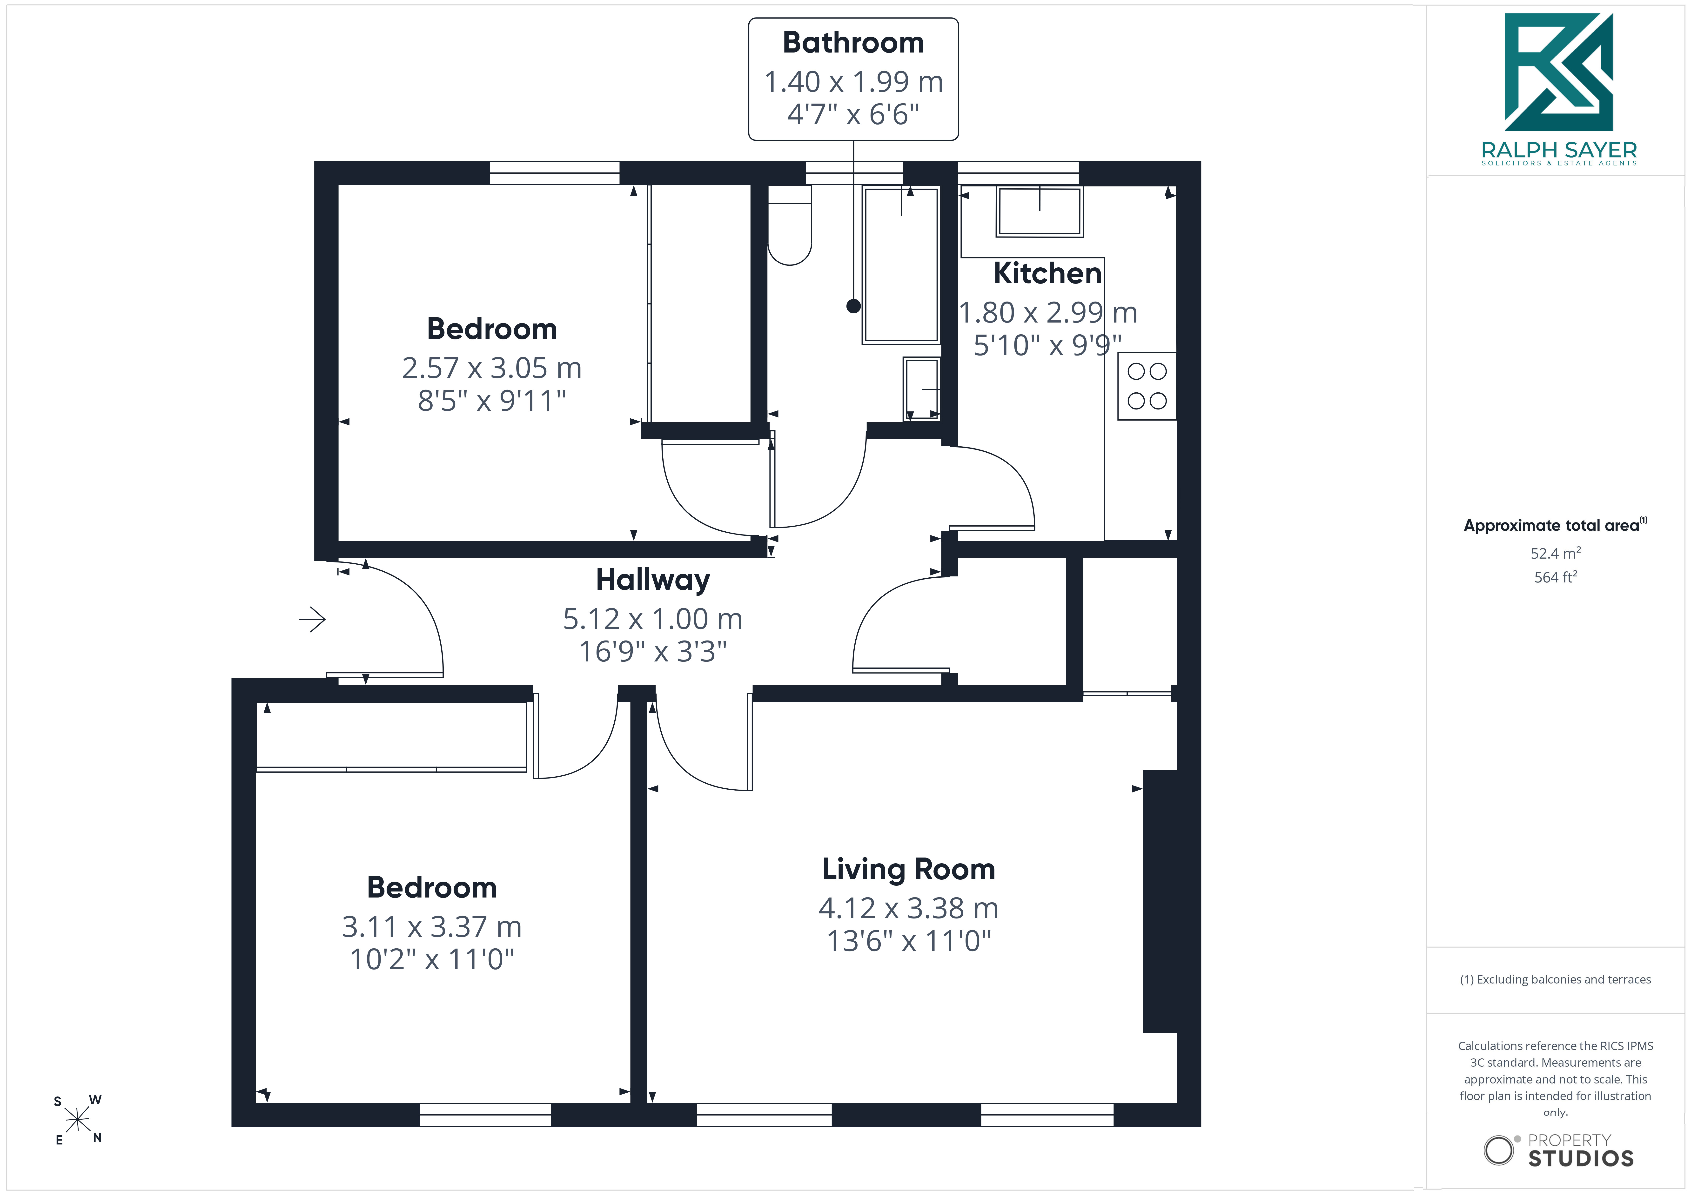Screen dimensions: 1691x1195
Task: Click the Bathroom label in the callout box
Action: click(853, 43)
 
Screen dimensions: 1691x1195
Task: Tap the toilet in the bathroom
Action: click(790, 224)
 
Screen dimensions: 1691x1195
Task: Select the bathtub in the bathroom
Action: click(901, 265)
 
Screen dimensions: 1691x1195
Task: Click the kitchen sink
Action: click(1039, 211)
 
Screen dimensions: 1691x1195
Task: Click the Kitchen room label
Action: click(1047, 273)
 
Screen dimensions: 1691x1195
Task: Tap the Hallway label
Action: click(652, 580)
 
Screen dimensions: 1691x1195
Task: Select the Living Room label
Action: click(908, 870)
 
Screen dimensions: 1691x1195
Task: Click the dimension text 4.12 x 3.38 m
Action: click(908, 909)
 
